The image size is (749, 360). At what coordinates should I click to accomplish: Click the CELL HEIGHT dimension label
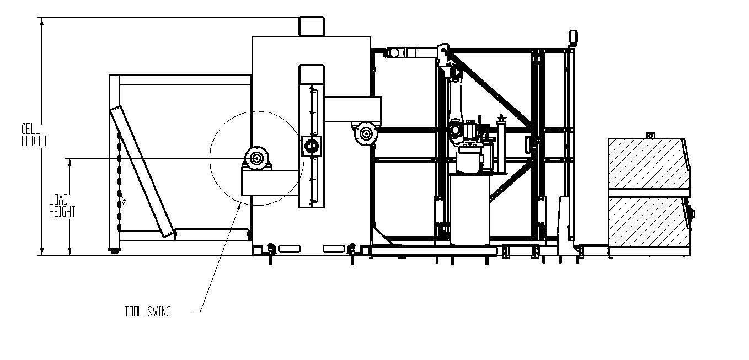coord(34,136)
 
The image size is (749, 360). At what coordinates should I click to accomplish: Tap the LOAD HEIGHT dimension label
coord(62,206)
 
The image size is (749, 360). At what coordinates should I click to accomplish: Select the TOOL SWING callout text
coord(147,311)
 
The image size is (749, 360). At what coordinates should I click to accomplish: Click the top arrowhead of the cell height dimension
coord(42,22)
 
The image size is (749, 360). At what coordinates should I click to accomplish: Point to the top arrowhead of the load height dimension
coord(70,163)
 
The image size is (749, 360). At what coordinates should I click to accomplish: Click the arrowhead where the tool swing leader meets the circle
coord(239,205)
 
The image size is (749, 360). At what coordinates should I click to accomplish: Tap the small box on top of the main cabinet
coord(312,26)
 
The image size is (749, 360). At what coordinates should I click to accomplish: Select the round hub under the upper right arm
coord(366,134)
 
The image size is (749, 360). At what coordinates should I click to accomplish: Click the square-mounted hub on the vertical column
coord(311,146)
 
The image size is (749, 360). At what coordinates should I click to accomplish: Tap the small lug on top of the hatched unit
coord(650,136)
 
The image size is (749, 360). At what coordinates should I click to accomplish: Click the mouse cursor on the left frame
coord(124,201)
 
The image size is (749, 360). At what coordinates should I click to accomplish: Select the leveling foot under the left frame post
coord(115,250)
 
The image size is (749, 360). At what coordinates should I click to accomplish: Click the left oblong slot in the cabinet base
coord(289,249)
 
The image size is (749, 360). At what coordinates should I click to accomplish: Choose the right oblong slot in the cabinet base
coord(334,249)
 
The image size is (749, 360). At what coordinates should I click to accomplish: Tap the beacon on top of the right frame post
coord(573,37)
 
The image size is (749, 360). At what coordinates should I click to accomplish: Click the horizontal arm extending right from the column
coord(352,109)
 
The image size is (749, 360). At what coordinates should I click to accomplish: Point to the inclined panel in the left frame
coord(142,172)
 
